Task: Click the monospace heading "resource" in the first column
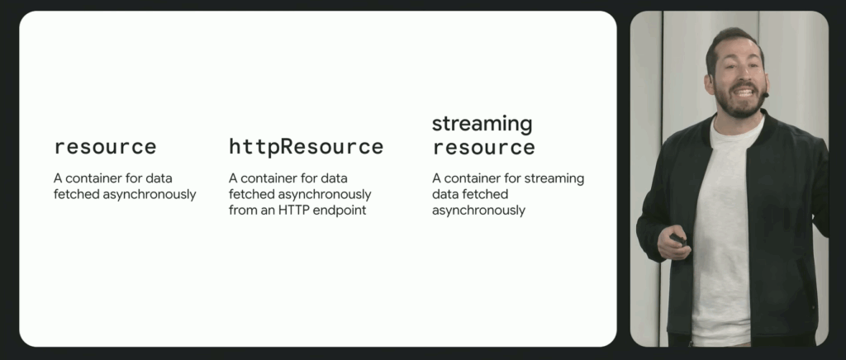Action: pyautogui.click(x=105, y=147)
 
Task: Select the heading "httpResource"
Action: pyautogui.click(x=306, y=147)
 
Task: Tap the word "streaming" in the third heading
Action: pyautogui.click(x=482, y=125)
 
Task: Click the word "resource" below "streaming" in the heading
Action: pyautogui.click(x=483, y=148)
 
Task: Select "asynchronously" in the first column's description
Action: pyautogui.click(x=150, y=195)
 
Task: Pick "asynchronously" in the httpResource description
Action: pyautogui.click(x=324, y=195)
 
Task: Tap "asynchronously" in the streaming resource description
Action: pyautogui.click(x=478, y=211)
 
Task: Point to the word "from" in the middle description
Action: pyautogui.click(x=240, y=211)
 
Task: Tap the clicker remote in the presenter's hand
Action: pyautogui.click(x=679, y=239)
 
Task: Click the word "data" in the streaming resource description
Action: pyautogui.click(x=443, y=195)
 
